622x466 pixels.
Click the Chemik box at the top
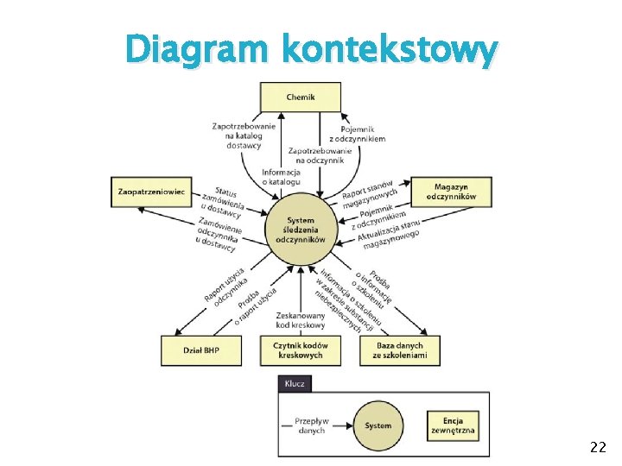coord(301,97)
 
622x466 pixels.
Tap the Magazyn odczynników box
coord(451,192)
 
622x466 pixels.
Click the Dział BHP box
coord(200,349)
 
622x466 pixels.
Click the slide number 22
coord(597,447)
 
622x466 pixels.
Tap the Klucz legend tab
coord(295,383)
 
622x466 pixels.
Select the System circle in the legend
coord(378,425)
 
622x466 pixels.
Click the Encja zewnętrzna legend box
coord(454,425)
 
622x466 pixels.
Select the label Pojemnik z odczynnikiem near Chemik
coord(357,132)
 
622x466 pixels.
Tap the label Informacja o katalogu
coord(282,176)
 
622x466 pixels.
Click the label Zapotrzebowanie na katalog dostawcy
coord(244,135)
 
